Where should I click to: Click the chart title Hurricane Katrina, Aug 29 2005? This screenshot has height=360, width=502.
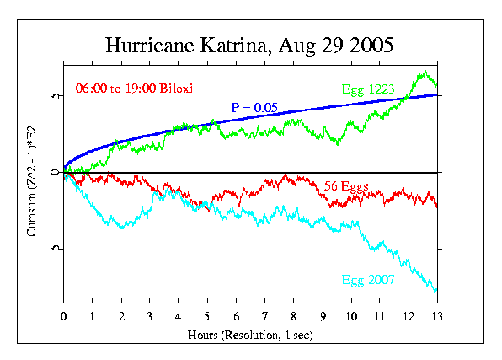coord(250,44)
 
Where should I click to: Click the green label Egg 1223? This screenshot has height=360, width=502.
coord(367,89)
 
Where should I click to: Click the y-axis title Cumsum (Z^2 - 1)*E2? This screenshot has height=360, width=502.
coord(32,182)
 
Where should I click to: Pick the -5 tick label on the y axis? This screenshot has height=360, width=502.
coord(53,250)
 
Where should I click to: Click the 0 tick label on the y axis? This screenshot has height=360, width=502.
coord(55,173)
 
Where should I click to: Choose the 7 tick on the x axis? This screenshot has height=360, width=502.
coord(264,316)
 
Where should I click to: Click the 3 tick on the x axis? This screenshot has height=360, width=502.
coord(150,316)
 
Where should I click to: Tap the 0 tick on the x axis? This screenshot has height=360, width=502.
coord(64,316)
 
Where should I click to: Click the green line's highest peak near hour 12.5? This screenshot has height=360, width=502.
coord(425,73)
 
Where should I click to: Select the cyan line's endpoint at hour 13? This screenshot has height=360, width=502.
coord(436,292)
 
